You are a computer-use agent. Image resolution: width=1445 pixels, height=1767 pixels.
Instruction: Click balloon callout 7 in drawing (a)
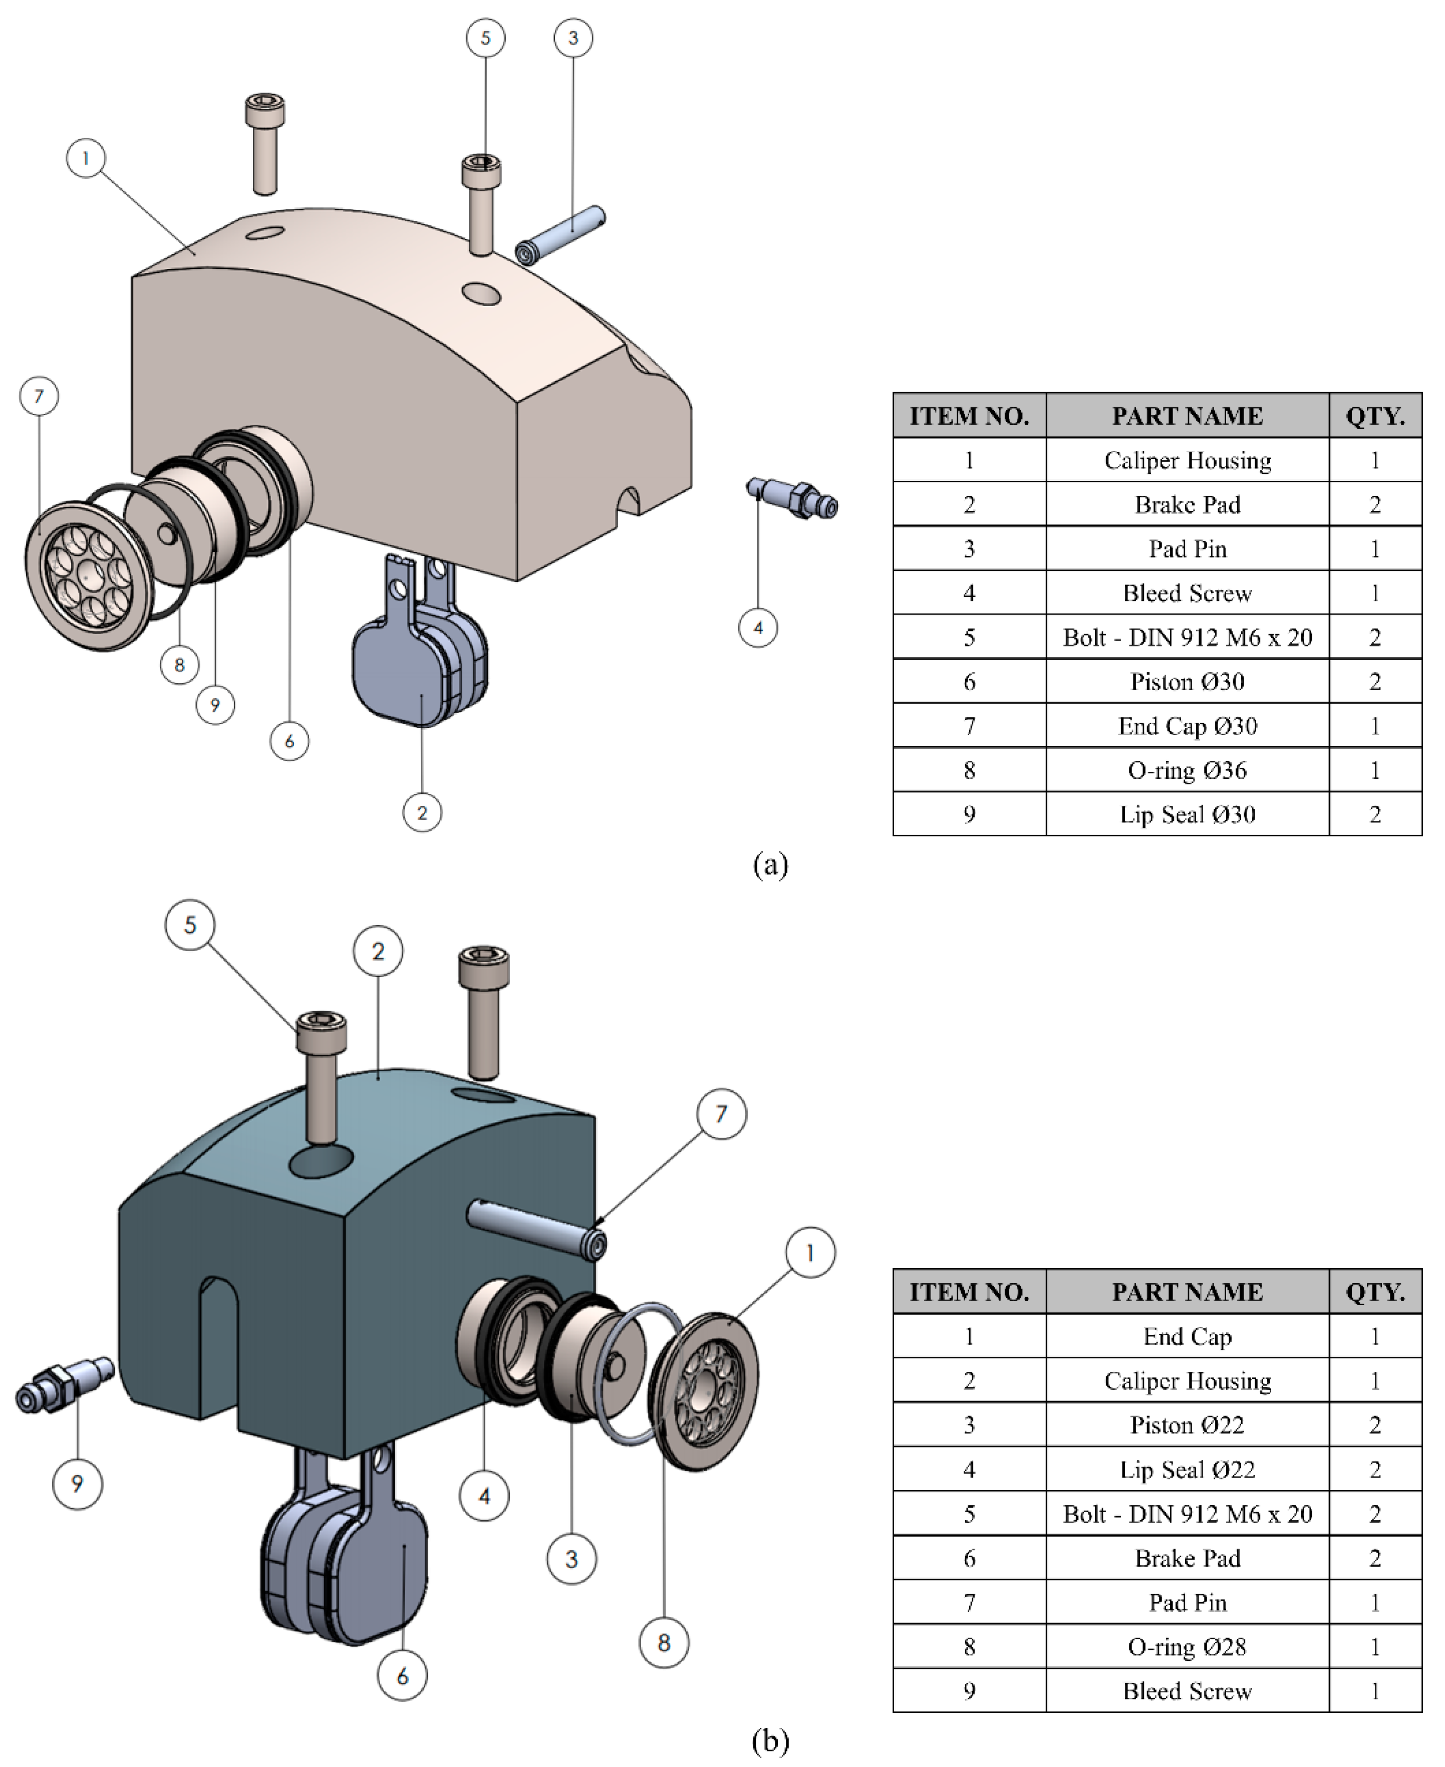pos(39,396)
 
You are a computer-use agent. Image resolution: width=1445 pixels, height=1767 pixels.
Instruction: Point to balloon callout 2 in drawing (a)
pos(422,812)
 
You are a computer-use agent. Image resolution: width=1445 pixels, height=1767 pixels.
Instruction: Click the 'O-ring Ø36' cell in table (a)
pos(1187,770)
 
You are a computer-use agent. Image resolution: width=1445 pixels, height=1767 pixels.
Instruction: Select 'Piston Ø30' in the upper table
pos(1187,682)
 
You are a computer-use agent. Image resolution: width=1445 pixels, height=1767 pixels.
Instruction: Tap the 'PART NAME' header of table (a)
pos(1187,415)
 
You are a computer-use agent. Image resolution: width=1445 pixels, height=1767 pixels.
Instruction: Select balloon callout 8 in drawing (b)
pos(664,1642)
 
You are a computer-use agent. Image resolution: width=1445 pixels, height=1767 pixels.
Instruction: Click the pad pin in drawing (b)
pos(537,1226)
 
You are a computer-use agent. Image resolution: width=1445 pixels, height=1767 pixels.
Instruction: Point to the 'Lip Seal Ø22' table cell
pos(1187,1469)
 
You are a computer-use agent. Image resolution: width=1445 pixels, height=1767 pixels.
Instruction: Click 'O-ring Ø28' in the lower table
pos(1187,1646)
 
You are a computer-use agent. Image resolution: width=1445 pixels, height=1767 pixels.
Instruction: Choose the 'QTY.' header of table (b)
pos(1375,1292)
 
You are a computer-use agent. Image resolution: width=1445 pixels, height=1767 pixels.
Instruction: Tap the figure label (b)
pos(770,1740)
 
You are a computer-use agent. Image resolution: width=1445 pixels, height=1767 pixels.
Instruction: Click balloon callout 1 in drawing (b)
pos(810,1253)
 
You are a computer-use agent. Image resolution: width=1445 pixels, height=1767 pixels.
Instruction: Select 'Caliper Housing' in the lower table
pos(1187,1381)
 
